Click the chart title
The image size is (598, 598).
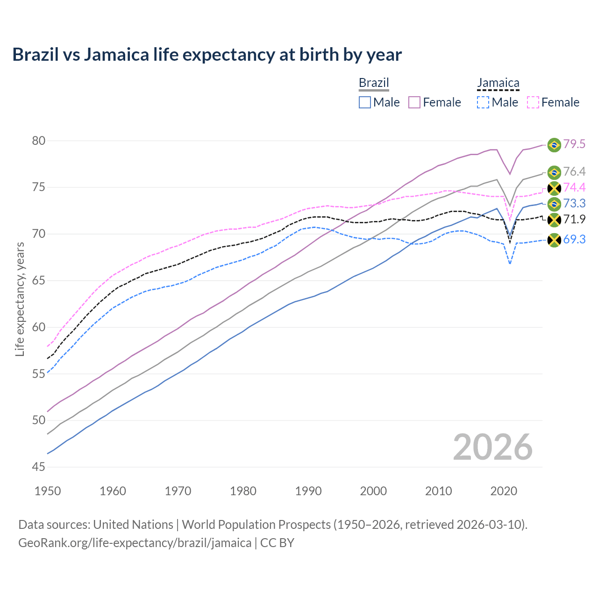point(207,55)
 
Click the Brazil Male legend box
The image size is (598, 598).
point(365,102)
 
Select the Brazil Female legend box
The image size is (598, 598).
point(414,102)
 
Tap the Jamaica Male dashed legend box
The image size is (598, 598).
point(483,102)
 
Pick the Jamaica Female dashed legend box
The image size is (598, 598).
point(533,102)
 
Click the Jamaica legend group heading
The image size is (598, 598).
point(498,83)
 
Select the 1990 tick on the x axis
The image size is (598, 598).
point(308,491)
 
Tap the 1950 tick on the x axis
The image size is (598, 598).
point(48,491)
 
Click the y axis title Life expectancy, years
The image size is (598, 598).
point(20,299)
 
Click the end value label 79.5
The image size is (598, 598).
point(574,144)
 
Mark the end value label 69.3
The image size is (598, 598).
point(574,240)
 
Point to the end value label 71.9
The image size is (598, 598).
point(574,220)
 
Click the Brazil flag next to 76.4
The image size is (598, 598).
point(554,172)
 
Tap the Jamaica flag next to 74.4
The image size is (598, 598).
point(554,188)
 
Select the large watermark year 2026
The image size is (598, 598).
point(492,447)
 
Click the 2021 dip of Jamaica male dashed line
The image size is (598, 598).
point(510,263)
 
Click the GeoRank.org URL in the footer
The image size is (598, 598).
point(135,543)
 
